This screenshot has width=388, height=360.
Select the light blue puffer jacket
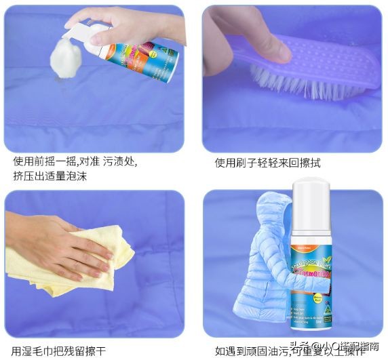coord(261,271)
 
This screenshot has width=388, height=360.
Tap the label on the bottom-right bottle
coord(315,271)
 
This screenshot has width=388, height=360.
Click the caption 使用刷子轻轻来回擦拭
coord(268,163)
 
